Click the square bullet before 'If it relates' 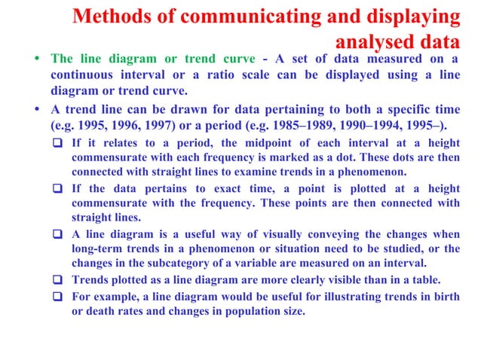coord(60,142)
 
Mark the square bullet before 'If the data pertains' coord(60,188)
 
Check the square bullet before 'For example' coord(60,295)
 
